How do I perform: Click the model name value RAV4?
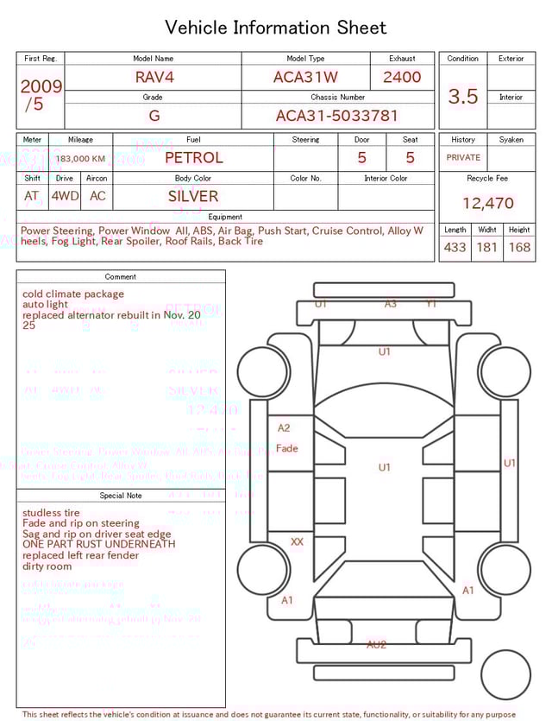154,77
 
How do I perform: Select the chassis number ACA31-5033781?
336,116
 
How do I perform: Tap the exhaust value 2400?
402,77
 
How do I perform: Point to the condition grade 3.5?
463,96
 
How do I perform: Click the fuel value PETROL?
193,157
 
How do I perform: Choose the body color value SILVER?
193,196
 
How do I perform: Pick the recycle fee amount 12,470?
487,204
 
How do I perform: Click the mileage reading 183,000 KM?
81,159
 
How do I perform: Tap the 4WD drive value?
65,196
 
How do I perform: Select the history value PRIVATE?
463,158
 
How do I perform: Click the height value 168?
519,247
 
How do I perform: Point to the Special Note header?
121,496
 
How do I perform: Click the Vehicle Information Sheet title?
276,28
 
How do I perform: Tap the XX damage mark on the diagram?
297,542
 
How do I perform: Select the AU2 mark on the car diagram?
376,645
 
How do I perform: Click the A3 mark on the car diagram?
391,304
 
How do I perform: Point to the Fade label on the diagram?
287,449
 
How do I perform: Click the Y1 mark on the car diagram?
431,304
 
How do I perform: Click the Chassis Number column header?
337,98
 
